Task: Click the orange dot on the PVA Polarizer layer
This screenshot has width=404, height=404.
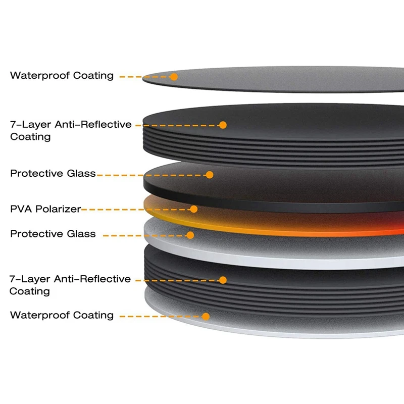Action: (x=194, y=209)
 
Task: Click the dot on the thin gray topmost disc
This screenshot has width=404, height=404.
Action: (x=174, y=77)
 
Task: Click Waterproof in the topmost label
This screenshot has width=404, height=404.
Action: (x=40, y=76)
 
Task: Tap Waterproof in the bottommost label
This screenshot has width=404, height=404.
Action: (x=40, y=315)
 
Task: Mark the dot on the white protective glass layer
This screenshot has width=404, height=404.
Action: (x=190, y=235)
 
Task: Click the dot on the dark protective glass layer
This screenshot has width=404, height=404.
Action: (x=210, y=175)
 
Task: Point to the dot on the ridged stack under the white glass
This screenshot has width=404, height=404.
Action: (x=223, y=279)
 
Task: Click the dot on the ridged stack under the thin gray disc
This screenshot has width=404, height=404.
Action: (x=223, y=125)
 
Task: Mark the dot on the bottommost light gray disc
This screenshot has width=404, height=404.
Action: (x=206, y=317)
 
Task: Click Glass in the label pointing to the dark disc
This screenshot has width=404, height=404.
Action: (x=81, y=174)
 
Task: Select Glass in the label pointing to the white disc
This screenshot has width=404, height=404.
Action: (x=81, y=234)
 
